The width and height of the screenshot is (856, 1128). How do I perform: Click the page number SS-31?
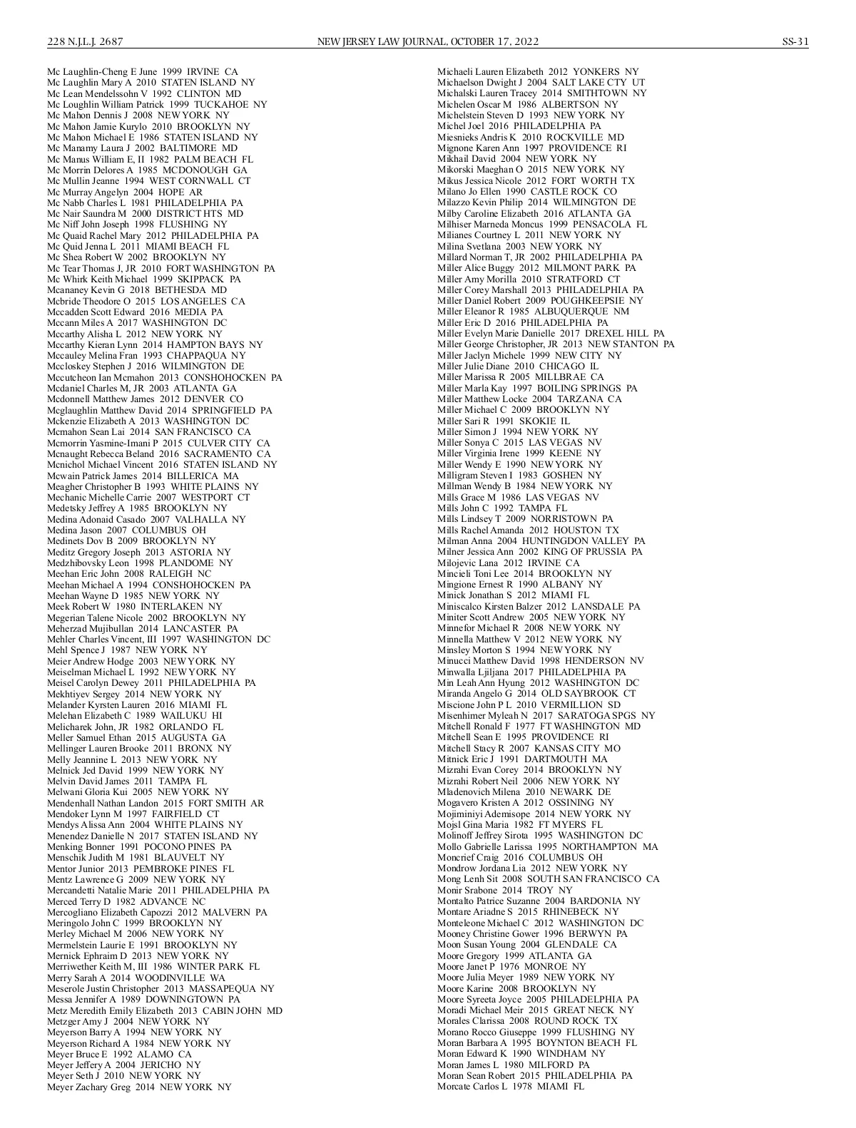point(795,41)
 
